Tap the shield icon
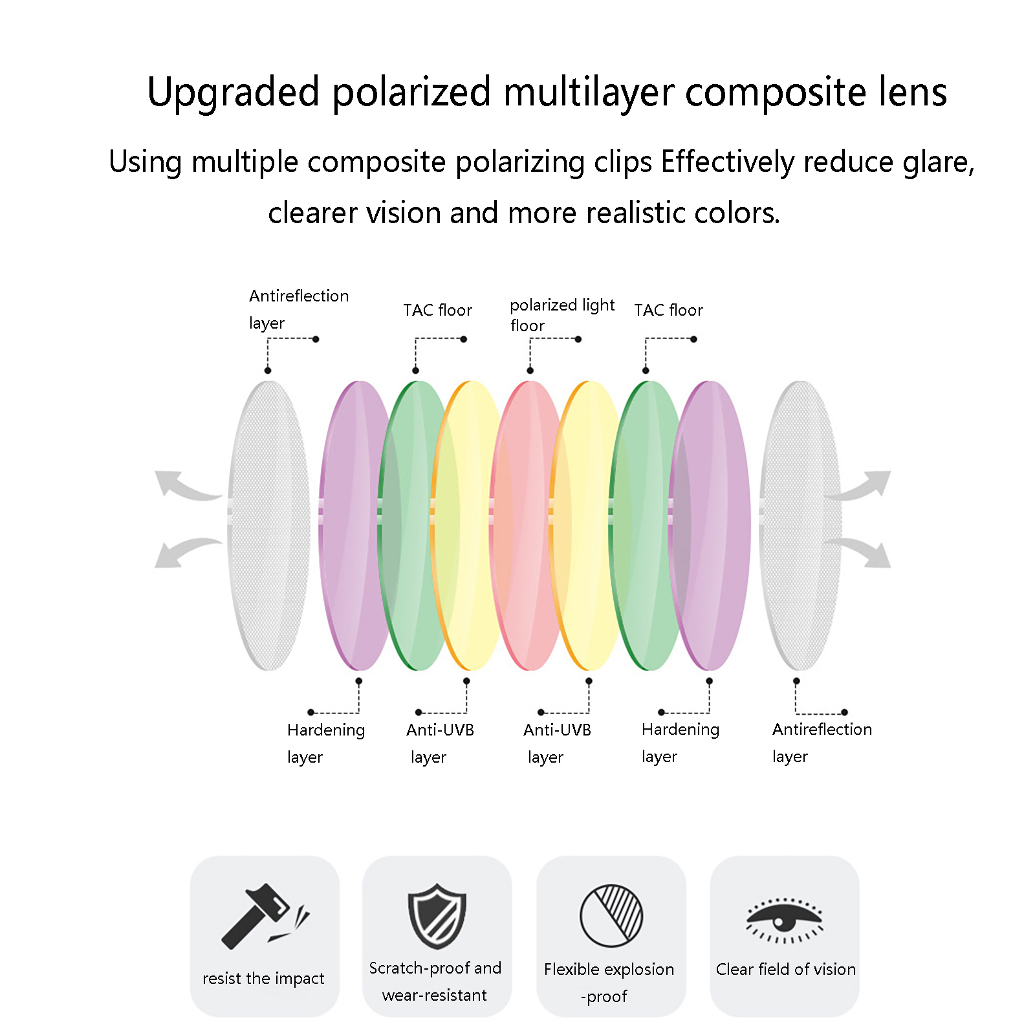pyautogui.click(x=437, y=917)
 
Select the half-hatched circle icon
pyautogui.click(x=611, y=916)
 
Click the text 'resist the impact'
pyautogui.click(x=263, y=978)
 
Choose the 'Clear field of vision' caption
pyautogui.click(x=785, y=969)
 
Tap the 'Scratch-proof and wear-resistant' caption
pyautogui.click(x=435, y=981)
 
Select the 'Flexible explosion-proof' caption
pyautogui.click(x=609, y=983)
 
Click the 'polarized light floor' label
pyautogui.click(x=562, y=315)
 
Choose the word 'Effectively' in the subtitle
pyautogui.click(x=728, y=162)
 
